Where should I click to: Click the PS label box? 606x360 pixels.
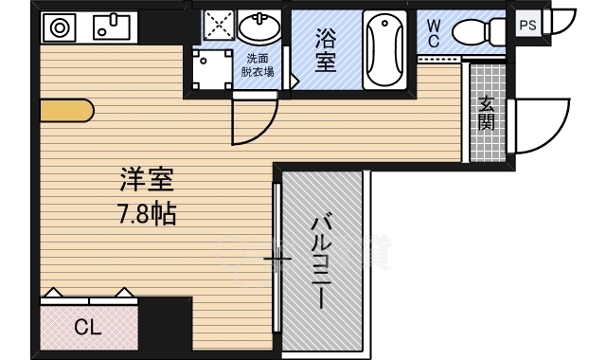pos(528,26)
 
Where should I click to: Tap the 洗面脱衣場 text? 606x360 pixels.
pos(257,63)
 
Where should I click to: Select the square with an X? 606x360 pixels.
pos(217,28)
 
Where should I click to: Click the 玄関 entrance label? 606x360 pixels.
pos(486,114)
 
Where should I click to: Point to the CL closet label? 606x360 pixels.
pos(87,329)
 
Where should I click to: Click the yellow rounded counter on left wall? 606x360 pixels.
pos(66,111)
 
